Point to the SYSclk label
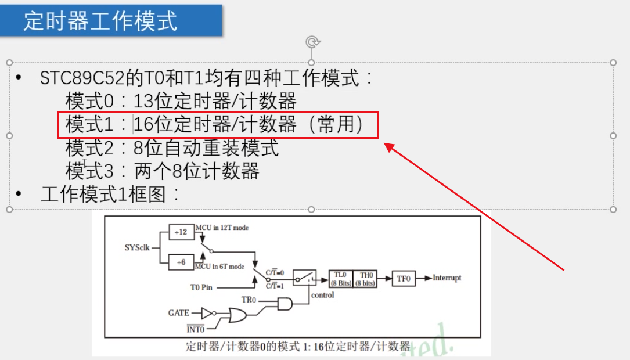coord(137,247)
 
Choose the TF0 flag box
coord(404,279)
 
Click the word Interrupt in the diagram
coord(447,278)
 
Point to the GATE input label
coord(179,313)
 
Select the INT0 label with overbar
coord(195,329)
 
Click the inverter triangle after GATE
coord(207,313)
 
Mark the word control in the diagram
coord(322,295)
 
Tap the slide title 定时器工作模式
coord(100,21)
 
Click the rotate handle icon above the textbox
coord(312,41)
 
